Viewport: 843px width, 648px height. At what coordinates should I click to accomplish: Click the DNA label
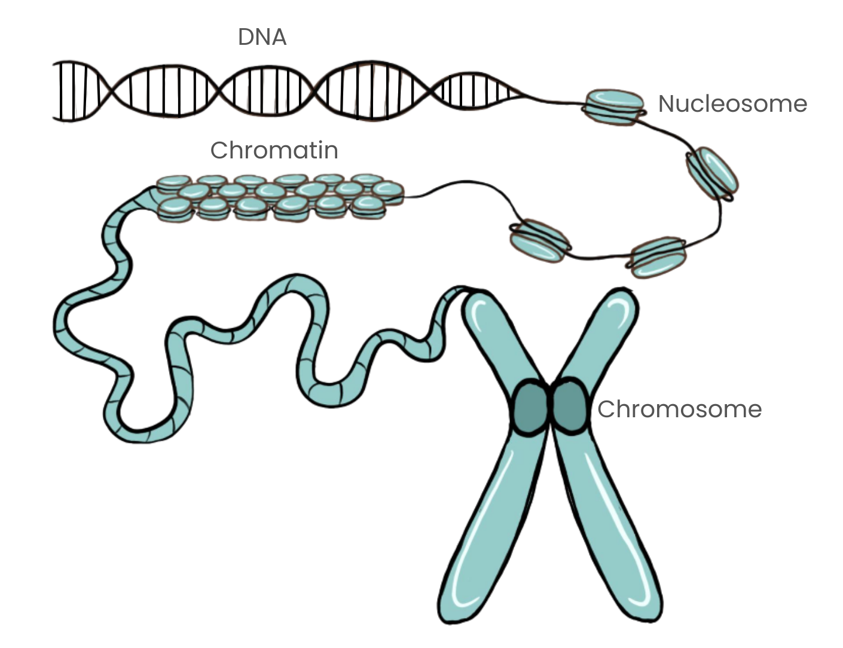tap(263, 37)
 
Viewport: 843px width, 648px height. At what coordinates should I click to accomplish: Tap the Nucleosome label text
tap(732, 105)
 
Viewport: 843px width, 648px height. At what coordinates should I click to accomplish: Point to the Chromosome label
tap(679, 410)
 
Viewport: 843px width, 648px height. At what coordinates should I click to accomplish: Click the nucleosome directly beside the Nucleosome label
tap(615, 106)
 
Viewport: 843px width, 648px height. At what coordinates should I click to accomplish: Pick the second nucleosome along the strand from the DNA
tap(712, 173)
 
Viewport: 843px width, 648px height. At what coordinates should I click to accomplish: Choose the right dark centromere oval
tap(569, 406)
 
